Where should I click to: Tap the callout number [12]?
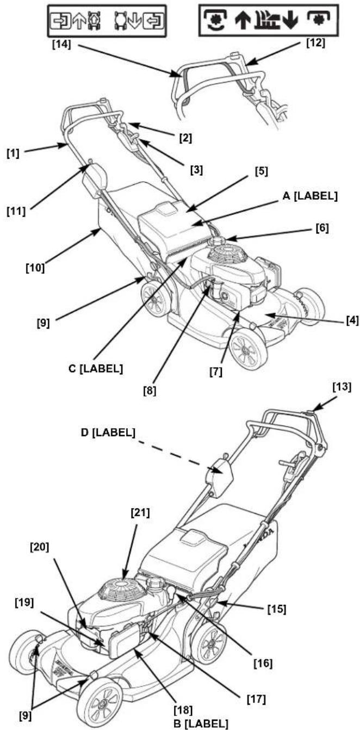316,42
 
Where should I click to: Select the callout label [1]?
14,153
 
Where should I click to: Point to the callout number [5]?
262,171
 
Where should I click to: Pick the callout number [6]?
322,228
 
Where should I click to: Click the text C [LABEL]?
96,368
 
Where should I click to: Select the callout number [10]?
35,268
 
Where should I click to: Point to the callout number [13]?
342,387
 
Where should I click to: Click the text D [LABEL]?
108,433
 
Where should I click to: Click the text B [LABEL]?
201,724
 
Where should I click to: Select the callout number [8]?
150,391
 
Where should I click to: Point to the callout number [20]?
39,548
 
